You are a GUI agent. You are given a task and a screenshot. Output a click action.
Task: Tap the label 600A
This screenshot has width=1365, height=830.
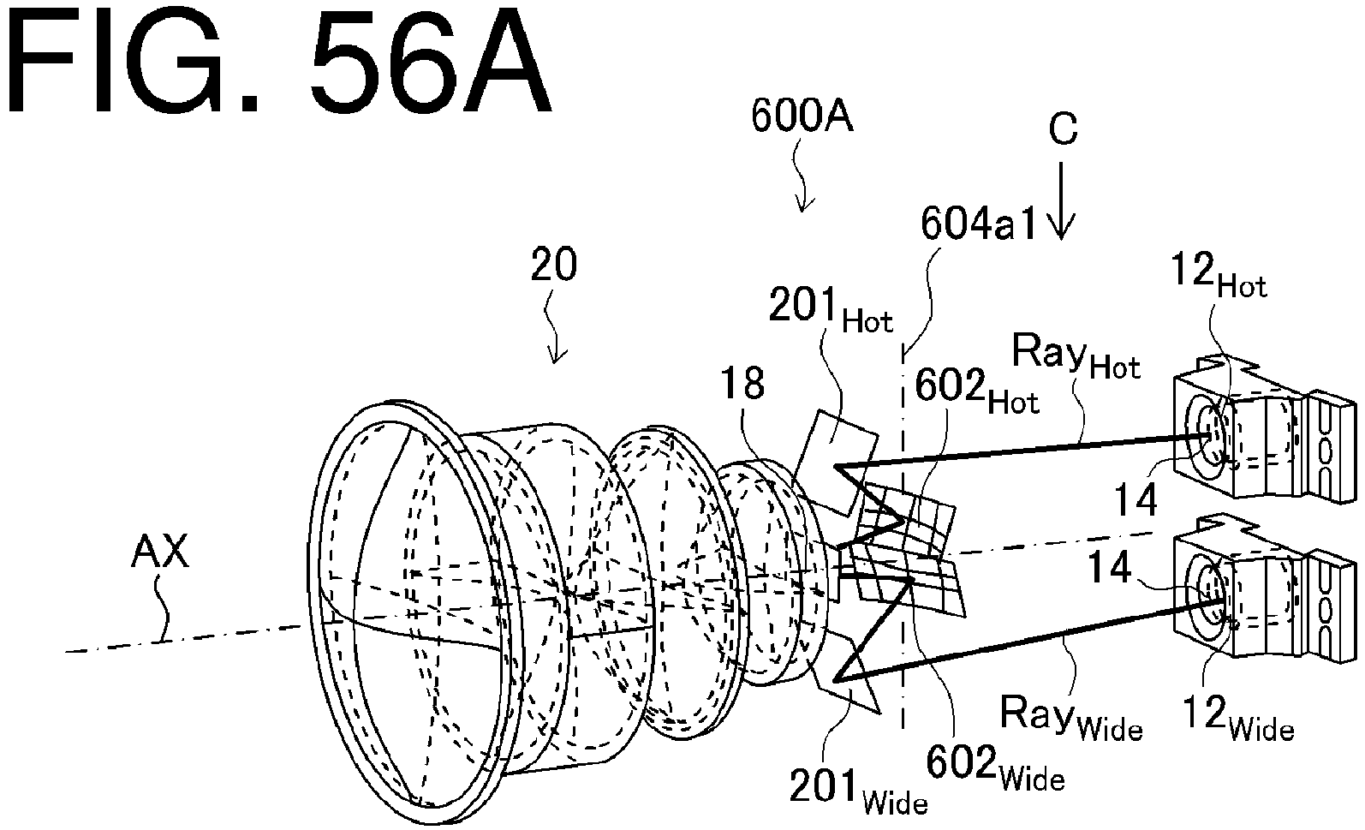point(802,116)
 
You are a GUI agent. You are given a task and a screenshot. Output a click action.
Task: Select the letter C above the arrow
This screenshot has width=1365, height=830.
point(1064,128)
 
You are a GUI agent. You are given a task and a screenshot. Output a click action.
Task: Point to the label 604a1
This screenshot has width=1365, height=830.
point(978,224)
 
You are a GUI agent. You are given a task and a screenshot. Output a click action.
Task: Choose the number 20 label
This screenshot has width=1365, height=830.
point(553,265)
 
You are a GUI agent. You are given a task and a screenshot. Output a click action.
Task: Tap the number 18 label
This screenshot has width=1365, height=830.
point(742,384)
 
